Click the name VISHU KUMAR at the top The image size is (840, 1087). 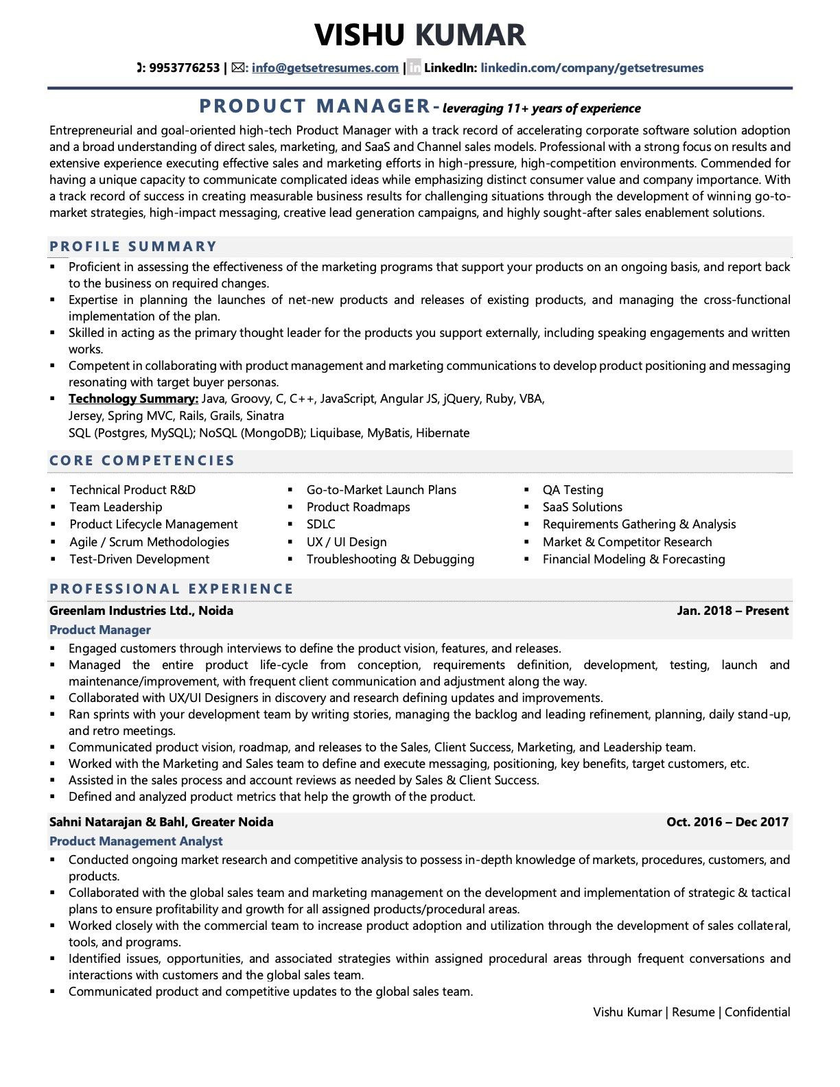pos(420,35)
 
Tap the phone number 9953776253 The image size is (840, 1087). pos(184,68)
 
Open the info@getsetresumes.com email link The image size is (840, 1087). pos(325,68)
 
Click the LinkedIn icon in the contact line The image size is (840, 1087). pos(414,68)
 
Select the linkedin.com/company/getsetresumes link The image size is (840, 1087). pos(592,68)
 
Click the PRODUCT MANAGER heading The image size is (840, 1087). pos(314,106)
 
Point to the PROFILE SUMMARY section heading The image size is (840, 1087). pos(133,246)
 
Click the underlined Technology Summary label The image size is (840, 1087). pos(133,399)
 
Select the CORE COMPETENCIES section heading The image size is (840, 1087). pos(142,460)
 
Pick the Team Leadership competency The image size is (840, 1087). pos(116,507)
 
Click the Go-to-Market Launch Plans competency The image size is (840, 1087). pos(381,490)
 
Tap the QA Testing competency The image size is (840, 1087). pos(573,490)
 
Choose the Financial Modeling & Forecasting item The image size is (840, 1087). pos(633,559)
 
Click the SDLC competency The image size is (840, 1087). pos(320,524)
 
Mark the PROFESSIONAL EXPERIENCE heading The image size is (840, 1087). pos(172,589)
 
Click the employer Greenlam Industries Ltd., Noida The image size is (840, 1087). pos(141,611)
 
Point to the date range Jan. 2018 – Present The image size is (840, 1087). pos(732,611)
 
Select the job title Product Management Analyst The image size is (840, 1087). pos(136,841)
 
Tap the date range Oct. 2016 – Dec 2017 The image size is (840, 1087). pos(727,822)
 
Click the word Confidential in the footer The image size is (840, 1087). pos(757,1012)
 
